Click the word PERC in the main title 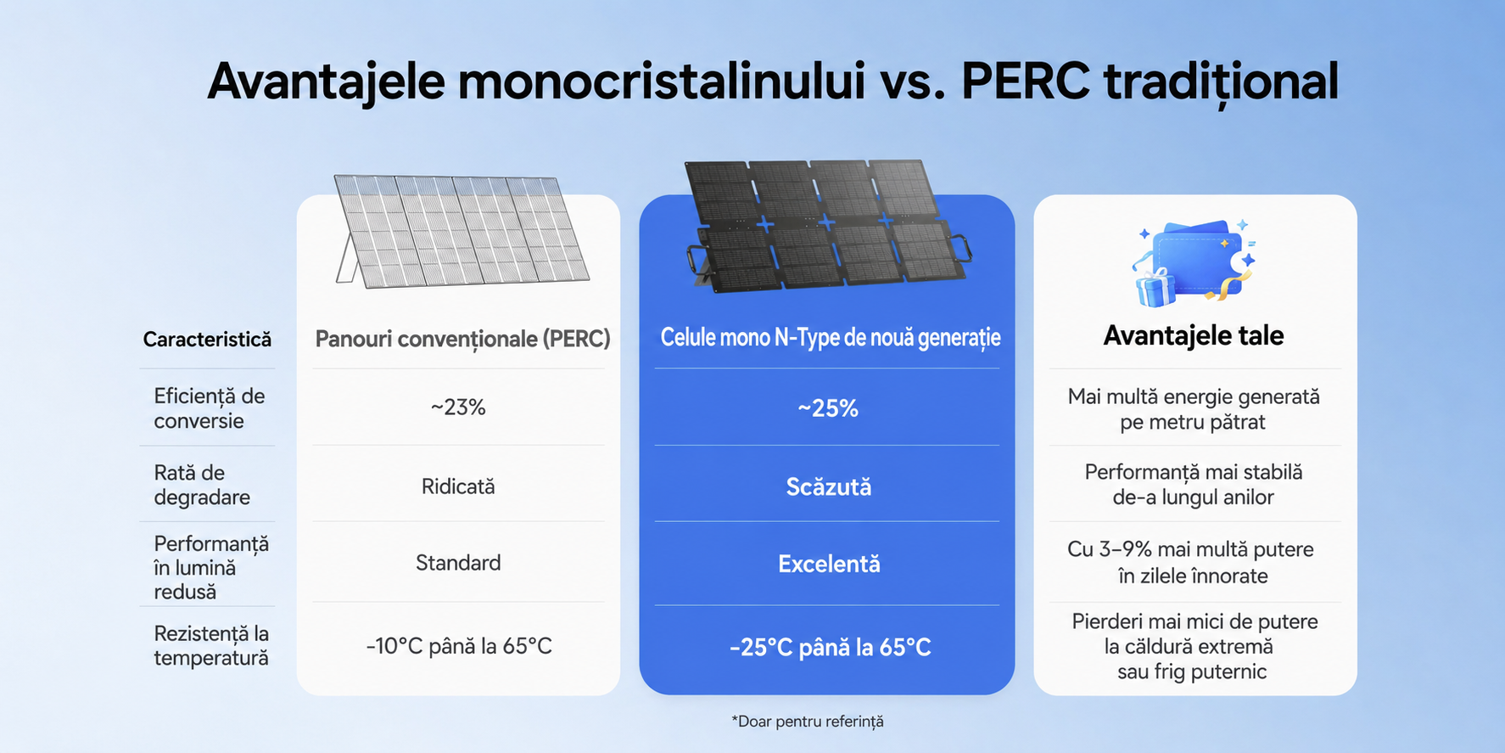pos(1024,82)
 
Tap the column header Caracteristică pos(207,340)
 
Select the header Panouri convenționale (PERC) pos(462,340)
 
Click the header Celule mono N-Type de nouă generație pos(831,338)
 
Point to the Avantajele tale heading pos(1193,335)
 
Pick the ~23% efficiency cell pos(458,407)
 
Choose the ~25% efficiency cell pos(828,408)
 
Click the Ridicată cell pos(458,486)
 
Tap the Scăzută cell pos(829,486)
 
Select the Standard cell pos(458,563)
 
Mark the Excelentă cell pos(829,564)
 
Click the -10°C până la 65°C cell pos(459,646)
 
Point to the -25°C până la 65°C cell pos(830,648)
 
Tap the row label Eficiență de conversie pos(210,408)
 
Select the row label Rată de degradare pos(202,485)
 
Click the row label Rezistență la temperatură pos(211,645)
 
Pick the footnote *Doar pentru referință pos(807,722)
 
